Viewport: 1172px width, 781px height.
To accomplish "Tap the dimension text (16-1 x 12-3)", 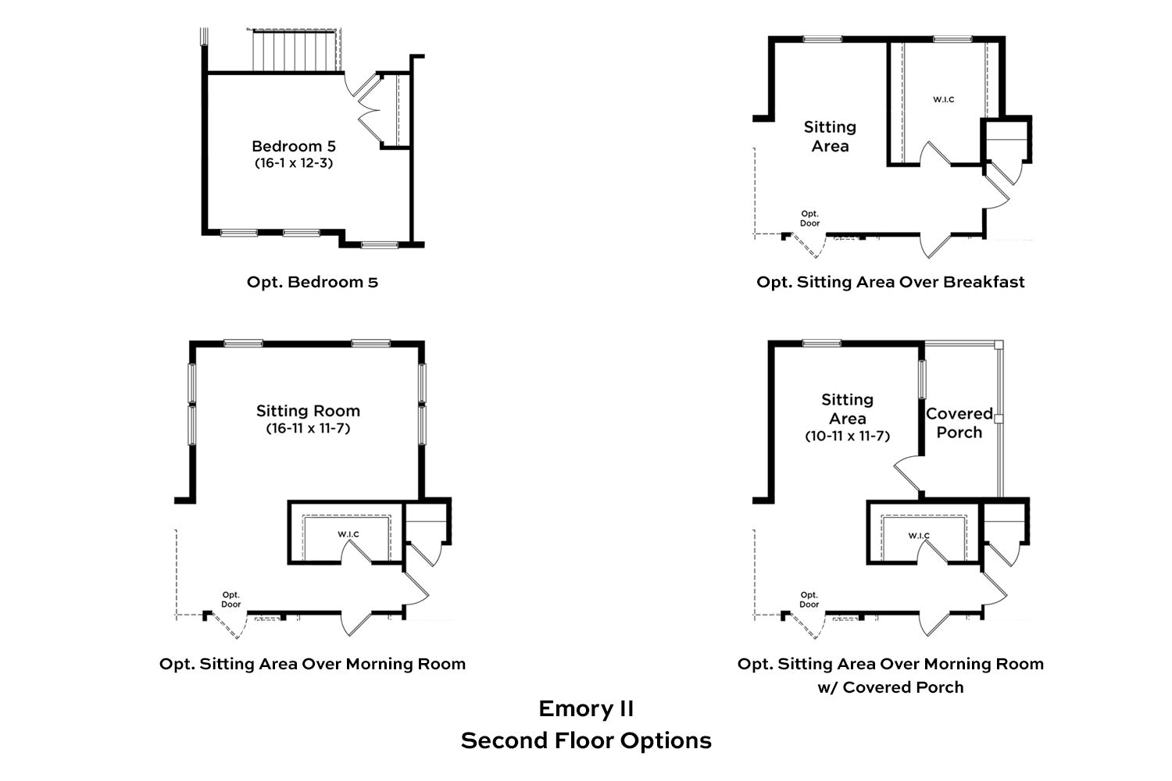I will coord(293,163).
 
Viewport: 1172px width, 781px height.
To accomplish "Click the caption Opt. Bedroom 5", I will coord(312,282).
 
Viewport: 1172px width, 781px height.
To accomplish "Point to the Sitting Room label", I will coord(308,411).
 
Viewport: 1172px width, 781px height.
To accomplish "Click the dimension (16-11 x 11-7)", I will coord(308,428).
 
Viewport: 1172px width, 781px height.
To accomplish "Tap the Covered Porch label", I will coord(959,423).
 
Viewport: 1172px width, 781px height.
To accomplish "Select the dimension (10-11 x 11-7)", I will coord(847,436).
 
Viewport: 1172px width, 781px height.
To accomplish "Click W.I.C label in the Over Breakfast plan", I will coord(943,100).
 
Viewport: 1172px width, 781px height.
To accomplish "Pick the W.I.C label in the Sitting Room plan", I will coord(348,534).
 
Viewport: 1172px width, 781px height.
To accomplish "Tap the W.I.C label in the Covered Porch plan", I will coord(919,536).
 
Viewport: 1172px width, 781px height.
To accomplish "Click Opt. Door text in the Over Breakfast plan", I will coord(809,218).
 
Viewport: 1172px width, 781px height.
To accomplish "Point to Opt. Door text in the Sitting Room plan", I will coord(230,599).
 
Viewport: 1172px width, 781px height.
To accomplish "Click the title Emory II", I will coord(585,708).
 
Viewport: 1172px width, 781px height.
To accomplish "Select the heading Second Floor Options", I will coord(585,740).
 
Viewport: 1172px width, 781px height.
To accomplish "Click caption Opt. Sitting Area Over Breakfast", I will coord(890,282).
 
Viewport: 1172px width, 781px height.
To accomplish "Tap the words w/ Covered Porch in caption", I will coord(890,687).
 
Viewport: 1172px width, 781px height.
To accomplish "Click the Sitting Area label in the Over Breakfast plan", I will coord(830,136).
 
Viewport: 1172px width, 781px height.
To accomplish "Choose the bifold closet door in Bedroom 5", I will coord(369,109).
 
